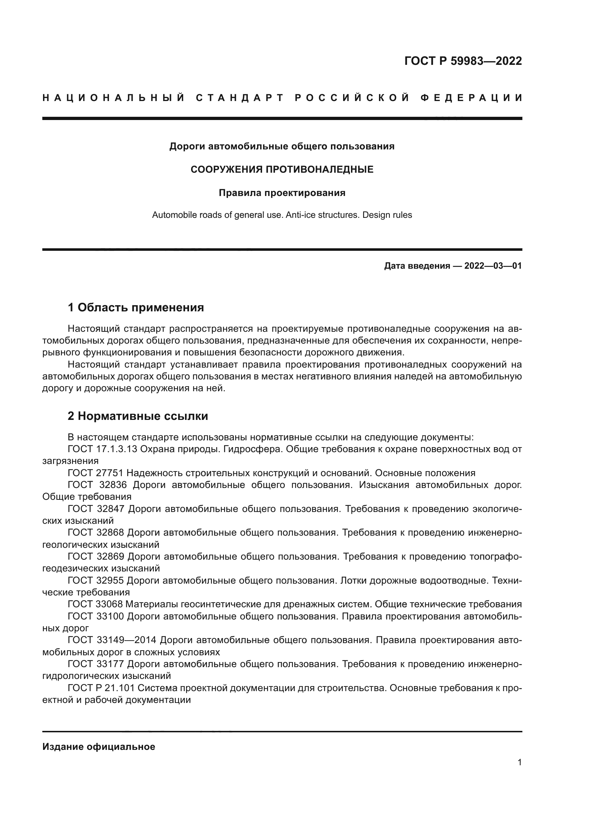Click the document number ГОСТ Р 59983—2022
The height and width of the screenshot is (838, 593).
click(x=463, y=61)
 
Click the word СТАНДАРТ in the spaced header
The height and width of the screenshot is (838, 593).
click(x=239, y=98)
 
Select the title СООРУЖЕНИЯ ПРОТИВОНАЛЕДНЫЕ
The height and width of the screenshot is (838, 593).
click(x=282, y=169)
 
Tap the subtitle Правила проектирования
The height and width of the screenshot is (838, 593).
click(x=282, y=193)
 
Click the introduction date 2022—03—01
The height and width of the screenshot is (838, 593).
click(x=493, y=266)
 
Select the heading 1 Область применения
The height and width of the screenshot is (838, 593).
click(x=136, y=307)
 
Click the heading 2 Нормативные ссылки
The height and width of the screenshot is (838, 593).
click(x=138, y=416)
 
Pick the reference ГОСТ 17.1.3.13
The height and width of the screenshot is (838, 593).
click(x=102, y=449)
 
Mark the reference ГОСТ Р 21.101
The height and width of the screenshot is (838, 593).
click(x=101, y=688)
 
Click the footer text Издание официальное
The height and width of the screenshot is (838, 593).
click(x=99, y=747)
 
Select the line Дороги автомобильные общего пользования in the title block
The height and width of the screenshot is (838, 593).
click(x=282, y=147)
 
